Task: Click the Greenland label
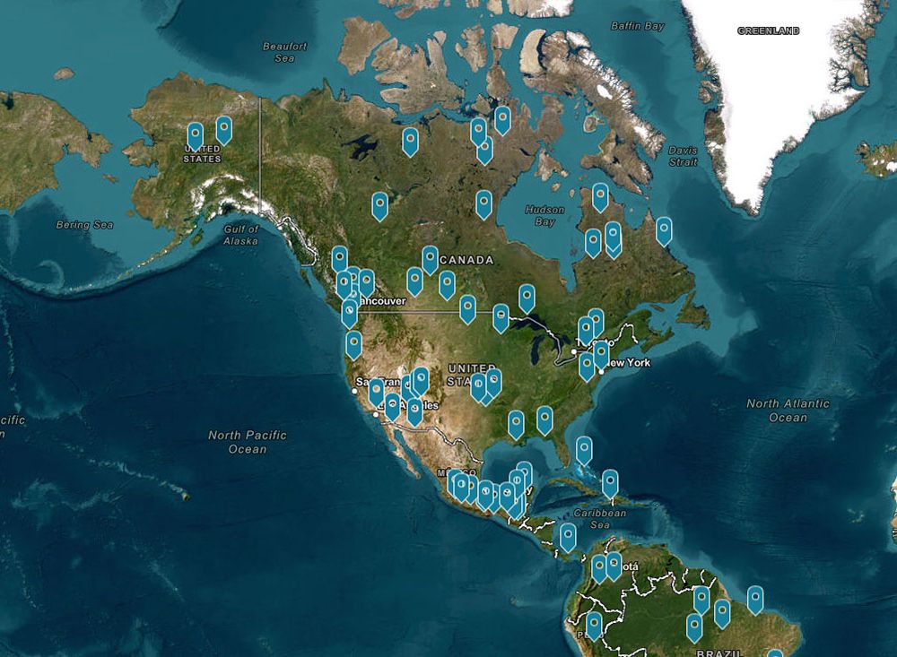768,30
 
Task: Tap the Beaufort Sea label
284,52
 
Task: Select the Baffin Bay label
638,26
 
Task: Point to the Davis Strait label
683,156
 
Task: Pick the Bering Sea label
84,225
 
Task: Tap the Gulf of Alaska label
240,235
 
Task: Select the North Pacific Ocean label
248,441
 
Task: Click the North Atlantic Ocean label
788,411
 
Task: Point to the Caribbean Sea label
600,519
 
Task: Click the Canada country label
466,260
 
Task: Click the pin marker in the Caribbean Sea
610,483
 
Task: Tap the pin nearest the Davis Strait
664,230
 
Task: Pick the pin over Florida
584,449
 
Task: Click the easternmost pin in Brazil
755,599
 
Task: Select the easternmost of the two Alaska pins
223,129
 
